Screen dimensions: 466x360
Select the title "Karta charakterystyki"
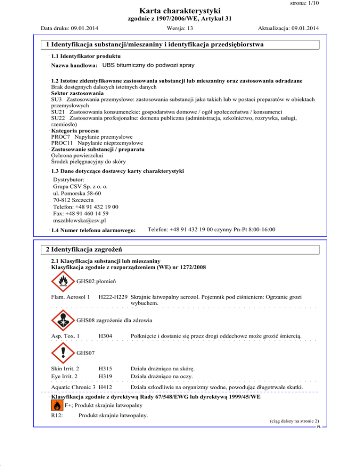click(180, 10)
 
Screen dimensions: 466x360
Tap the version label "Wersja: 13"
click(180, 28)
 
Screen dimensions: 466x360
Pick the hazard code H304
click(105, 336)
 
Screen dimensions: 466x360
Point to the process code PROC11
click(62, 143)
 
